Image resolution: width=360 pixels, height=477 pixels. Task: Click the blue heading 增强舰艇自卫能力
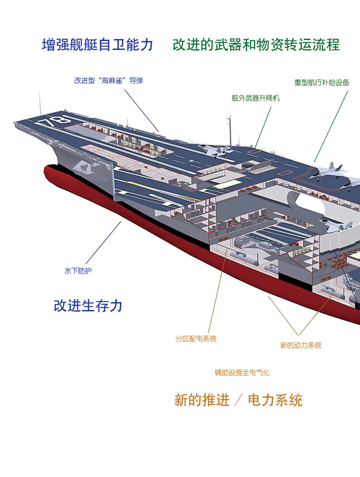point(97,45)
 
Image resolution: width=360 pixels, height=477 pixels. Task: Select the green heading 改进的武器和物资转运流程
point(256,45)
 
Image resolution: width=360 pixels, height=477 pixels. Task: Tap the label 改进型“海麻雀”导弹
point(108,81)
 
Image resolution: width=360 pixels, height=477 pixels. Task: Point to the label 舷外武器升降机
point(255,98)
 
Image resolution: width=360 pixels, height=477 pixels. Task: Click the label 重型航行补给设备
point(322,82)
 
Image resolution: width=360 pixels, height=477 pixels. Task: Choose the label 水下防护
point(78,271)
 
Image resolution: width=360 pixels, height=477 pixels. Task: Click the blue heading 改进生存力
point(88,306)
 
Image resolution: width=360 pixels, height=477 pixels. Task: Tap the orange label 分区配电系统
point(196,339)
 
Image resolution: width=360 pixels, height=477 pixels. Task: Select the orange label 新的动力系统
point(300,345)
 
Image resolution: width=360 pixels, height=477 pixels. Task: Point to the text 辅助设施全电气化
point(242,372)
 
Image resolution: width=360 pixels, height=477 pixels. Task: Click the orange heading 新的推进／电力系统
point(238,400)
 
